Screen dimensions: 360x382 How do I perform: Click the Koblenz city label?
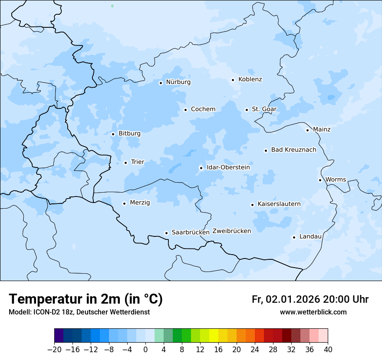(x=250, y=79)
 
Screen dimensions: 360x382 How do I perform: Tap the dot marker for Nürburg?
(x=161, y=83)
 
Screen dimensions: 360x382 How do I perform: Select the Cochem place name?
(x=203, y=109)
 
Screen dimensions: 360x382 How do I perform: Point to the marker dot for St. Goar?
(x=247, y=110)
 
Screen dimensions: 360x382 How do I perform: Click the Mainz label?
(x=322, y=130)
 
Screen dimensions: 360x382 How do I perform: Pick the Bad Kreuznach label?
(x=293, y=150)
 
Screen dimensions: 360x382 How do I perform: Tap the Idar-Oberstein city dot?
(x=201, y=168)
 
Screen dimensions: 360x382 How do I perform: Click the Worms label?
(x=336, y=180)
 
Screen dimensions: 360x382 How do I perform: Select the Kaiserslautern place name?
(x=279, y=204)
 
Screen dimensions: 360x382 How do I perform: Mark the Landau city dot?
(x=294, y=237)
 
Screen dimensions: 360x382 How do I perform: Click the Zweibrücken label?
(x=231, y=231)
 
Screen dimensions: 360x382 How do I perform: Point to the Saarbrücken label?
(x=190, y=232)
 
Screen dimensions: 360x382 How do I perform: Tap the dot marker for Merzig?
(x=124, y=203)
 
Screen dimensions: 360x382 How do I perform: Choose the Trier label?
(x=137, y=162)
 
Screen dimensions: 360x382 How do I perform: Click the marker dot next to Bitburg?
(x=113, y=134)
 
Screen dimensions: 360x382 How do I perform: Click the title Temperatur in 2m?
(x=86, y=299)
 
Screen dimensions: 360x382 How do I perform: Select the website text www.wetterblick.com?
(x=313, y=312)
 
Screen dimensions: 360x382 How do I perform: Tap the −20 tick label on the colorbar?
(x=54, y=349)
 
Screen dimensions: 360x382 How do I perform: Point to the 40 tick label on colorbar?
(x=328, y=349)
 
